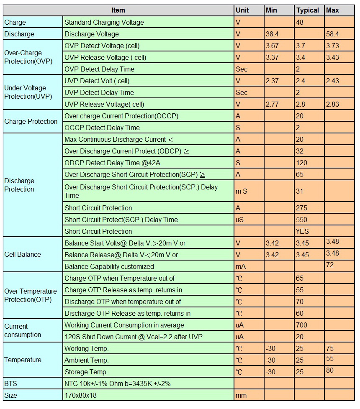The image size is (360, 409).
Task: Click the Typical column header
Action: point(308,10)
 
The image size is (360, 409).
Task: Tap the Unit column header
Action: point(242,10)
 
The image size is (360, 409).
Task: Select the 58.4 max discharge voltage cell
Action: point(332,34)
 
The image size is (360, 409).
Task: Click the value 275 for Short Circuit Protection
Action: point(301,208)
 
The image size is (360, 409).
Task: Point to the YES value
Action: point(302,231)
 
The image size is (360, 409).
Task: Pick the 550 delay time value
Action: point(301,220)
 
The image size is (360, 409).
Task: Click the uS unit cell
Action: point(239,220)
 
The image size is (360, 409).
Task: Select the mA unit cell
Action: point(240,266)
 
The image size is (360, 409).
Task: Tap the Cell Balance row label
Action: point(23,254)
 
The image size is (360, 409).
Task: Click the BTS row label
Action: point(10,383)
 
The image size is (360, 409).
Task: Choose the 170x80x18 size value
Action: point(80,396)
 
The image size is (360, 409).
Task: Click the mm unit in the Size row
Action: point(241,396)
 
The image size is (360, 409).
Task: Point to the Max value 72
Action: point(330,265)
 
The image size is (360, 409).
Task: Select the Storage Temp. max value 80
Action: point(330,371)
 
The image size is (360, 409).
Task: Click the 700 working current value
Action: point(301,325)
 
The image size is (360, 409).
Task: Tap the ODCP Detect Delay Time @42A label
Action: point(112,163)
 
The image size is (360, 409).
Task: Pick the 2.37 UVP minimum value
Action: point(272,81)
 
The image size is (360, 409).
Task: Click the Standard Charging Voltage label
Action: point(104,22)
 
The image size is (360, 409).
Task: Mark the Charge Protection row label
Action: point(31,121)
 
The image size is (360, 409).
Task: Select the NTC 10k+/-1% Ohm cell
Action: point(118,383)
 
